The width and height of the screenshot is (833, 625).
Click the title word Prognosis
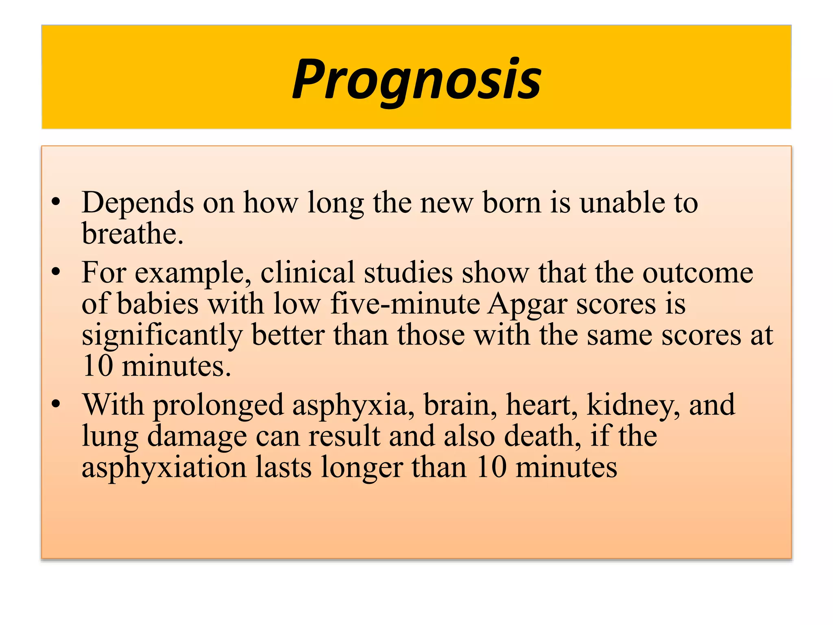point(416,79)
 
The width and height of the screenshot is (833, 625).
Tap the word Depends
point(137,202)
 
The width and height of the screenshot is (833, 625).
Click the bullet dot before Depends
point(56,201)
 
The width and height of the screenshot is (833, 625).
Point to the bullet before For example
point(56,271)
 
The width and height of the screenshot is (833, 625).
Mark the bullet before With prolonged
point(56,404)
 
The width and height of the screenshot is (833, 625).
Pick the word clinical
point(307,272)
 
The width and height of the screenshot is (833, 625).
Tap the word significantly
point(162,335)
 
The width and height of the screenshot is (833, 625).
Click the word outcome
point(698,272)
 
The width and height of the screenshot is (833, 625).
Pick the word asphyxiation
point(164,468)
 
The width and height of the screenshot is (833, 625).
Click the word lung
point(110,437)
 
